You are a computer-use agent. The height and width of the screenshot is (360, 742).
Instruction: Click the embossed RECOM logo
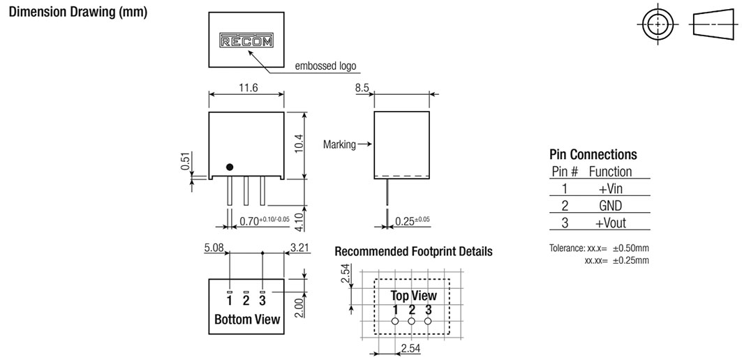(246, 40)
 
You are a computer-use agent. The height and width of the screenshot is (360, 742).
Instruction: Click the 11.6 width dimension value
(246, 88)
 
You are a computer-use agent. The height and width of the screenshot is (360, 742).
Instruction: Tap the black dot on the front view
(230, 167)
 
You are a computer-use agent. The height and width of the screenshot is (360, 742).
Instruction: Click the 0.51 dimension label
(186, 161)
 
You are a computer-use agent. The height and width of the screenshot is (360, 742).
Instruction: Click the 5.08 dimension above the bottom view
(214, 248)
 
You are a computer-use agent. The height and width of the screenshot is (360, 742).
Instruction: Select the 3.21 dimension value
(299, 248)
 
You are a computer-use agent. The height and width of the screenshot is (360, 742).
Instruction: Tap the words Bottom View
(247, 319)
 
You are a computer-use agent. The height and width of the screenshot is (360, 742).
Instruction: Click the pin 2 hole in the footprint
(411, 321)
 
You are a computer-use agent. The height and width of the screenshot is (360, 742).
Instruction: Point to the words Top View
(414, 296)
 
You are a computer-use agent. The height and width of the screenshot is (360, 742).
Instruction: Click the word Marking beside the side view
(339, 144)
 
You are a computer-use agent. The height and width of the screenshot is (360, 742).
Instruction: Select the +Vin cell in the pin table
(611, 189)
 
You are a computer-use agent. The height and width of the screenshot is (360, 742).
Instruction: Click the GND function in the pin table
(611, 206)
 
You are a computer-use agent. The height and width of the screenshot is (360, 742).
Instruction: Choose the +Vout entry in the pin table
(611, 223)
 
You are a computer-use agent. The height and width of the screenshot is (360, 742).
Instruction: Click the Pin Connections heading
(593, 154)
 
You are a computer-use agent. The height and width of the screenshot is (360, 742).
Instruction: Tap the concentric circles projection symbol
(658, 24)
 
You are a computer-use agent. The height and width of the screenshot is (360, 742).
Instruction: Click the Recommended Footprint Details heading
(414, 251)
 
